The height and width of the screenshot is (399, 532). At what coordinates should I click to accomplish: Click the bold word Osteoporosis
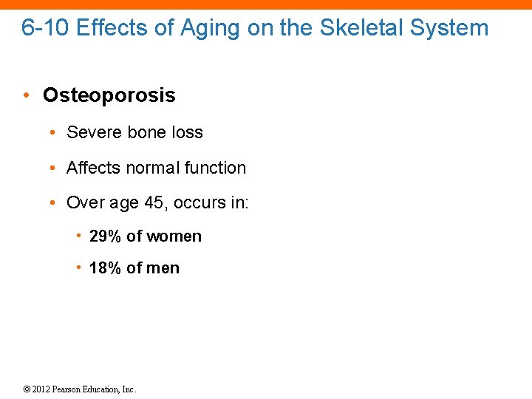click(109, 95)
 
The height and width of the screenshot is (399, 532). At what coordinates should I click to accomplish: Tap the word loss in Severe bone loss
click(187, 132)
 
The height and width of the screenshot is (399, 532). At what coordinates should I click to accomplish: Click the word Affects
click(93, 168)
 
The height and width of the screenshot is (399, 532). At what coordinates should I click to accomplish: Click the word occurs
click(199, 202)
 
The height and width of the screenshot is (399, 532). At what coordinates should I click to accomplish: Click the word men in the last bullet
click(163, 268)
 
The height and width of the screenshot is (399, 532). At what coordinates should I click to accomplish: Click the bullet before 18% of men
click(78, 268)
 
